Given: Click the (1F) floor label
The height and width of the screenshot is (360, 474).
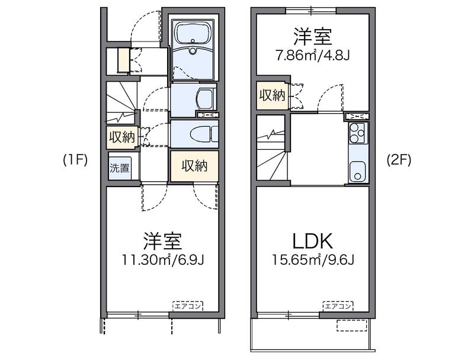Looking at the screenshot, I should pyautogui.click(x=75, y=160).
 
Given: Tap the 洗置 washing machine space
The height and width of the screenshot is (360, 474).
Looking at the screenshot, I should pyautogui.click(x=120, y=167).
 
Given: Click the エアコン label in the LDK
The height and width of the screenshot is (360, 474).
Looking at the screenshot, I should pyautogui.click(x=338, y=306).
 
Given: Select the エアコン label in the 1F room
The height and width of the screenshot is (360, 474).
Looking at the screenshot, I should pyautogui.click(x=187, y=306).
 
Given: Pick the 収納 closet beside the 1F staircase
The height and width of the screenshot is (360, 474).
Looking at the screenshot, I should pyautogui.click(x=121, y=137).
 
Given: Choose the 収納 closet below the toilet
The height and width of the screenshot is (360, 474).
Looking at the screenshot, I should pyautogui.click(x=194, y=166).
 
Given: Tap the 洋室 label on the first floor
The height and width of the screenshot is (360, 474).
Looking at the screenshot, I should pyautogui.click(x=162, y=241).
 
